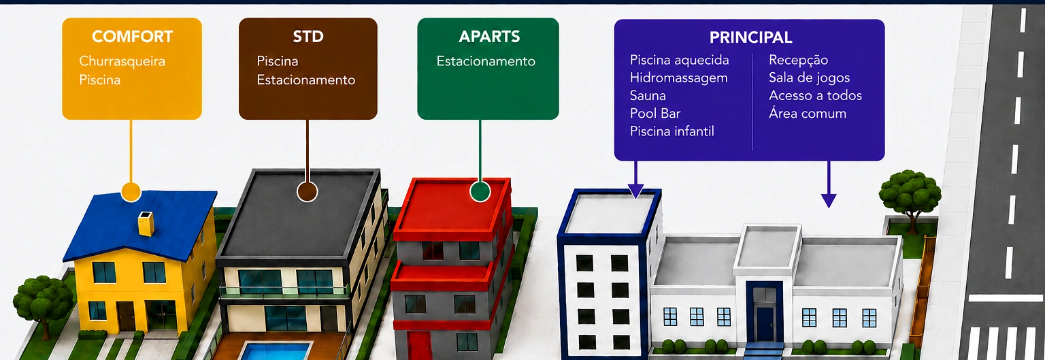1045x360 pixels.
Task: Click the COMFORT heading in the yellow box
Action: (132, 37)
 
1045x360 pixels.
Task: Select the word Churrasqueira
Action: (122, 61)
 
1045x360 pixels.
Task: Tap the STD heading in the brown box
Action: (308, 37)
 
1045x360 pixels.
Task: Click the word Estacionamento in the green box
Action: (486, 61)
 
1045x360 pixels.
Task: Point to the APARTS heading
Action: (489, 37)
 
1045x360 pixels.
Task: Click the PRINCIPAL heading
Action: (750, 37)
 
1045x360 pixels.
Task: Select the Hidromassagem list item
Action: (679, 78)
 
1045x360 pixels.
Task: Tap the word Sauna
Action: (648, 96)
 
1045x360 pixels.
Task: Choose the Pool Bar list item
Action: (655, 114)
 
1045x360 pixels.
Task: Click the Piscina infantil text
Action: (671, 131)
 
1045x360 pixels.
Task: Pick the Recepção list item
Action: (798, 61)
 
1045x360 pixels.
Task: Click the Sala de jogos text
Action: (809, 78)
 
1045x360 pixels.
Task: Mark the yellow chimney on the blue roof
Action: (146, 223)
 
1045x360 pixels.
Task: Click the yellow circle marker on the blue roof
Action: (131, 192)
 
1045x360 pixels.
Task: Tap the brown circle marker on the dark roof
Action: (307, 191)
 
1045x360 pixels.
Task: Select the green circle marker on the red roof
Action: (480, 191)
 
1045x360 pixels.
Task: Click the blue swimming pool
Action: (276, 351)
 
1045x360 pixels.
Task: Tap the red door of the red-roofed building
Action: (419, 346)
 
